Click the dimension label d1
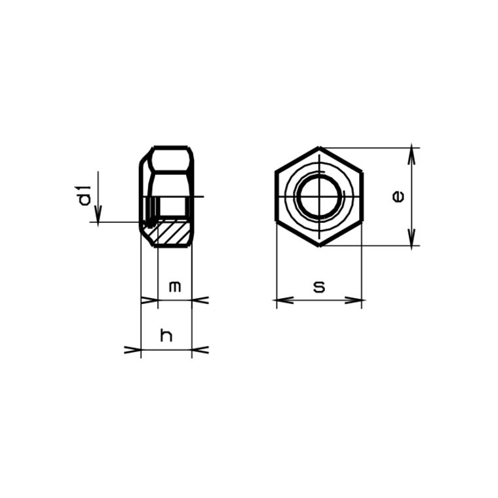[84, 196]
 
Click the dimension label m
[174, 286]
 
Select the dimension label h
[166, 335]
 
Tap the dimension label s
[319, 286]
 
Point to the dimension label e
[397, 196]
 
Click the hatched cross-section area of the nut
[173, 233]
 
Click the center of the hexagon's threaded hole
[319, 197]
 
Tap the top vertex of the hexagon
[319, 147]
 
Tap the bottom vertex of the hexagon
[319, 246]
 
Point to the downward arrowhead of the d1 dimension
[98, 217]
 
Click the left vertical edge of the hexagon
[276, 197]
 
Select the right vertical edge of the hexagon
[362, 197]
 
